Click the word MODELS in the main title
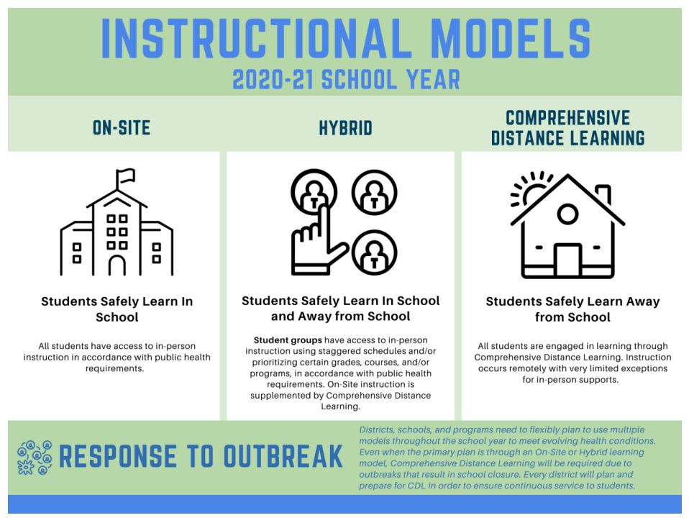[x=511, y=38]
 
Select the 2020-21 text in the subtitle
[x=273, y=80]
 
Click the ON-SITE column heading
[x=122, y=128]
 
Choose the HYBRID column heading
[x=345, y=128]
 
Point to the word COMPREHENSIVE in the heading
[x=567, y=118]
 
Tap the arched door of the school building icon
[x=117, y=265]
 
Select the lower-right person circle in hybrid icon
[x=375, y=253]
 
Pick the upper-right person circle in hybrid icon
[x=375, y=193]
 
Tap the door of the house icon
[x=567, y=260]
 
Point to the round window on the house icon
[x=567, y=214]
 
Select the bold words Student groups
[x=288, y=340]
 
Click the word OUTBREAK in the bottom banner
[x=283, y=456]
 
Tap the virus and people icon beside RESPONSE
[x=35, y=458]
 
